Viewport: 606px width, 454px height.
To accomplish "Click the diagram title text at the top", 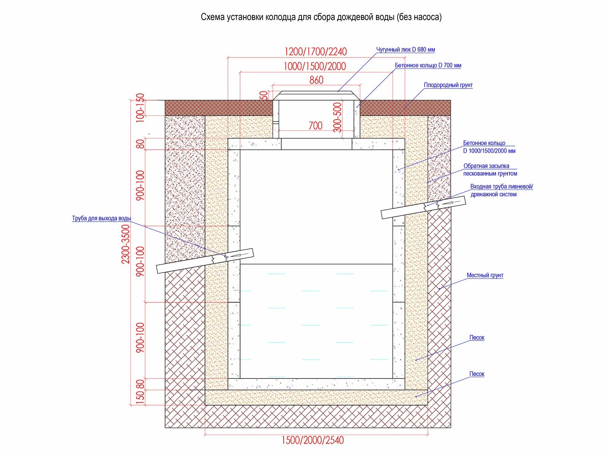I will click(x=321, y=17).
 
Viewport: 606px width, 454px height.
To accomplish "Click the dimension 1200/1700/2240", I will click(x=315, y=51).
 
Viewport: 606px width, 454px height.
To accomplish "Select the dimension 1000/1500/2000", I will click(x=315, y=66).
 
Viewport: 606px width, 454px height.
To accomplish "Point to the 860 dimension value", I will click(x=316, y=80).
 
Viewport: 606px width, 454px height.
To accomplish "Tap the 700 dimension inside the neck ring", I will click(x=315, y=126).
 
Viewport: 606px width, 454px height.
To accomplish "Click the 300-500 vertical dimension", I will click(x=337, y=117).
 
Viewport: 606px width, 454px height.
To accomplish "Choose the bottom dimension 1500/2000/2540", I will click(x=312, y=440).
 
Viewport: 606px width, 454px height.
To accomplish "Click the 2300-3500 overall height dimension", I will click(x=125, y=244).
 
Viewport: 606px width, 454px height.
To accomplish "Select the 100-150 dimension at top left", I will click(x=140, y=107).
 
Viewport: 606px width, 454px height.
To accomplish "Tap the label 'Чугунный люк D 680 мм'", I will click(x=405, y=50).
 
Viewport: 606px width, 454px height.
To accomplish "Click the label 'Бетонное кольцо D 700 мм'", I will click(x=428, y=65).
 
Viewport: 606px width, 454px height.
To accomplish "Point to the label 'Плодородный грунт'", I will click(x=448, y=85).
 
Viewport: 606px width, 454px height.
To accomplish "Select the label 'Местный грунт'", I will click(x=485, y=275).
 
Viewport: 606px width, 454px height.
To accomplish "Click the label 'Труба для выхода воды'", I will click(x=102, y=218).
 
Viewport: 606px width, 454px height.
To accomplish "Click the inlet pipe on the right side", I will click(x=423, y=207).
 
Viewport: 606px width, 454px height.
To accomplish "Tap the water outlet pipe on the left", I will click(x=205, y=261).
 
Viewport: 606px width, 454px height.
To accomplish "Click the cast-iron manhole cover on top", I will click(x=316, y=95).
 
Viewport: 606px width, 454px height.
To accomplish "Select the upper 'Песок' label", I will click(x=476, y=337).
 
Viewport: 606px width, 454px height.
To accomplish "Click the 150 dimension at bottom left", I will click(x=140, y=398).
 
